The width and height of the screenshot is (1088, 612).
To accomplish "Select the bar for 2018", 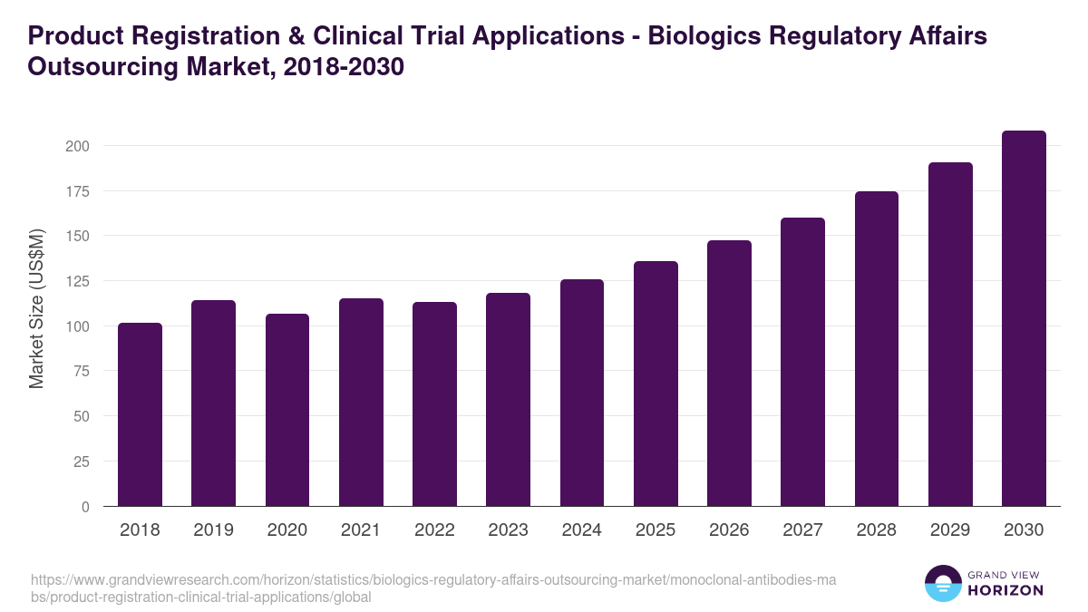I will click(x=140, y=414).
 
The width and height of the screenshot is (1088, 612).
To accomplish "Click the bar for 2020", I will click(x=287, y=410).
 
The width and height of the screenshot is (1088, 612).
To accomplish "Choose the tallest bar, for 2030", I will click(x=1024, y=318).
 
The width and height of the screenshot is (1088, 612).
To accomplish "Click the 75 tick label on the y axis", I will click(x=81, y=371).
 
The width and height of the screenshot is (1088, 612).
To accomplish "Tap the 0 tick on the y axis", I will click(x=85, y=506).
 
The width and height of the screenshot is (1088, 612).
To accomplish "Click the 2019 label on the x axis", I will click(x=213, y=530).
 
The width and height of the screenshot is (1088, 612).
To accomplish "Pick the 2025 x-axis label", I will click(x=656, y=530).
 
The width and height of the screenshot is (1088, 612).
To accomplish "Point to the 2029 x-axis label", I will click(x=950, y=530).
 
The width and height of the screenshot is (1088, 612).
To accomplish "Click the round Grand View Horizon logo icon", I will click(x=943, y=583).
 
